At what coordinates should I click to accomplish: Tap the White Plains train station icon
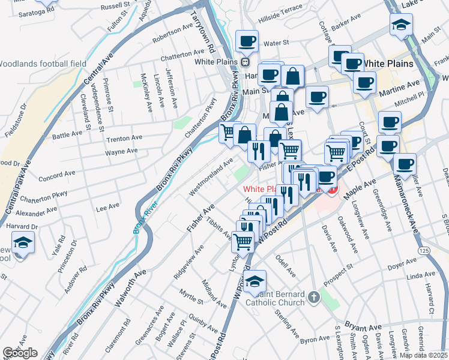[245, 62]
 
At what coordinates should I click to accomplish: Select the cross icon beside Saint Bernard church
[313, 297]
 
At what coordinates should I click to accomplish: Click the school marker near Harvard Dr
[23, 244]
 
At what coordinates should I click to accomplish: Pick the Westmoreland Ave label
[211, 177]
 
